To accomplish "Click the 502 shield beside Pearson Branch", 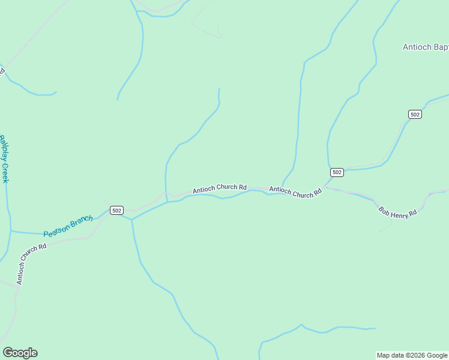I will [x=116, y=210].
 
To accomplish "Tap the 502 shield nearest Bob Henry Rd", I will [x=337, y=172].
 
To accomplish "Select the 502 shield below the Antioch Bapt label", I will [x=414, y=114].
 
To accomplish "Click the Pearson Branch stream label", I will [x=68, y=226].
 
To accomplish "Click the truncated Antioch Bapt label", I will [x=425, y=47].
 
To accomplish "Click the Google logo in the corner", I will [x=20, y=353].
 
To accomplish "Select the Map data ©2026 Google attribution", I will [x=412, y=355].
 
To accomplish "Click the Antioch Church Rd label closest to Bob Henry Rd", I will [x=295, y=192].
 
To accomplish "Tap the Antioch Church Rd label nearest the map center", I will [x=220, y=188].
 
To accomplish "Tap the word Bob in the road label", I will [x=383, y=209].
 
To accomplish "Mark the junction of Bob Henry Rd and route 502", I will [x=325, y=187].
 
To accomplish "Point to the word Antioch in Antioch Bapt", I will [x=415, y=47].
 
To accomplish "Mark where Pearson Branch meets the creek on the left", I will [x=10, y=231].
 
